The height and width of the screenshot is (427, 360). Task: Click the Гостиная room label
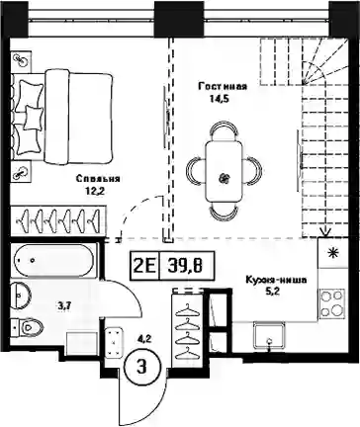(x=223, y=87)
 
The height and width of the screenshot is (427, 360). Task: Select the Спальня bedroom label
(x=98, y=179)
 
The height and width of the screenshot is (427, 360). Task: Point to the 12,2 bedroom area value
(x=95, y=191)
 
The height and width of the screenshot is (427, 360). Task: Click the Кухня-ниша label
(x=276, y=281)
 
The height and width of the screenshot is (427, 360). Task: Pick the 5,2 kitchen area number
(x=273, y=292)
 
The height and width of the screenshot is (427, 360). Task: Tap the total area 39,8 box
(x=187, y=266)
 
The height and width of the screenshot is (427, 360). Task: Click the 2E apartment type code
(x=145, y=266)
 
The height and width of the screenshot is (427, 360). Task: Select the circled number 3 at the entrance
(x=141, y=367)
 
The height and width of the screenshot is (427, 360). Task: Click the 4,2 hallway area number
(x=144, y=339)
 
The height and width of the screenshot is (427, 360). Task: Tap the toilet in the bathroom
(x=27, y=327)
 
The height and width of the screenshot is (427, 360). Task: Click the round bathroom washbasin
(x=21, y=296)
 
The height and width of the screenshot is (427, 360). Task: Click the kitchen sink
(x=269, y=335)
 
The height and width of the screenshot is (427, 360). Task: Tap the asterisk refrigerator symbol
(x=332, y=253)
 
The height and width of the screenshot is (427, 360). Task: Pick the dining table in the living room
(x=224, y=172)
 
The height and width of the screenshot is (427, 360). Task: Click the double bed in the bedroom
(x=61, y=118)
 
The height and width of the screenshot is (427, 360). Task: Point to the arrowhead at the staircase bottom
(x=325, y=233)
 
